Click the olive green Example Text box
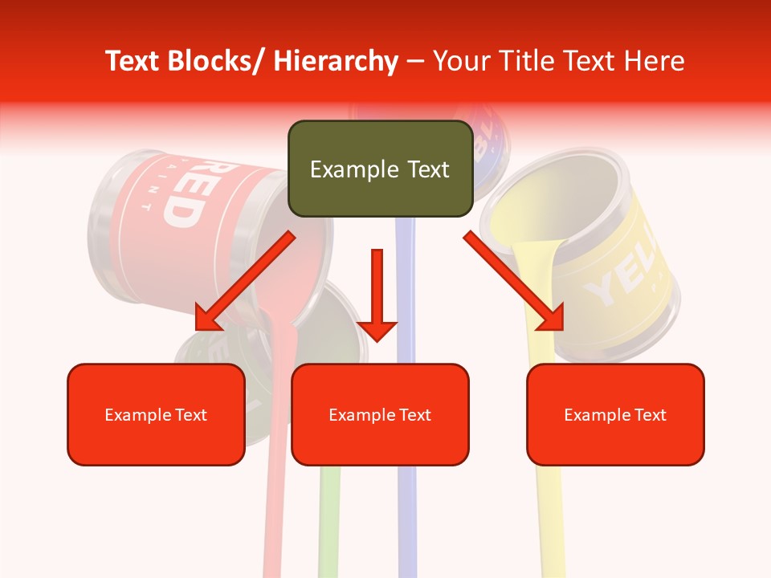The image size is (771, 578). pyautogui.click(x=380, y=169)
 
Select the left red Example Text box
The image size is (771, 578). pyautogui.click(x=156, y=414)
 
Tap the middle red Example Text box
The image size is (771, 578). pyautogui.click(x=380, y=414)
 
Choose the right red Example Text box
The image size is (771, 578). pyautogui.click(x=615, y=414)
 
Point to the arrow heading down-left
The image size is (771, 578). pyautogui.click(x=245, y=281)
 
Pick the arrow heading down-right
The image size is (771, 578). pyautogui.click(x=514, y=281)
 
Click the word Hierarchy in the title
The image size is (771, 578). pyautogui.click(x=336, y=61)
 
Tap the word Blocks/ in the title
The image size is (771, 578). pyautogui.click(x=219, y=61)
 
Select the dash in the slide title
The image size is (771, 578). pyautogui.click(x=415, y=61)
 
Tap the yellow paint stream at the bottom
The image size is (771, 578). pyautogui.click(x=550, y=522)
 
